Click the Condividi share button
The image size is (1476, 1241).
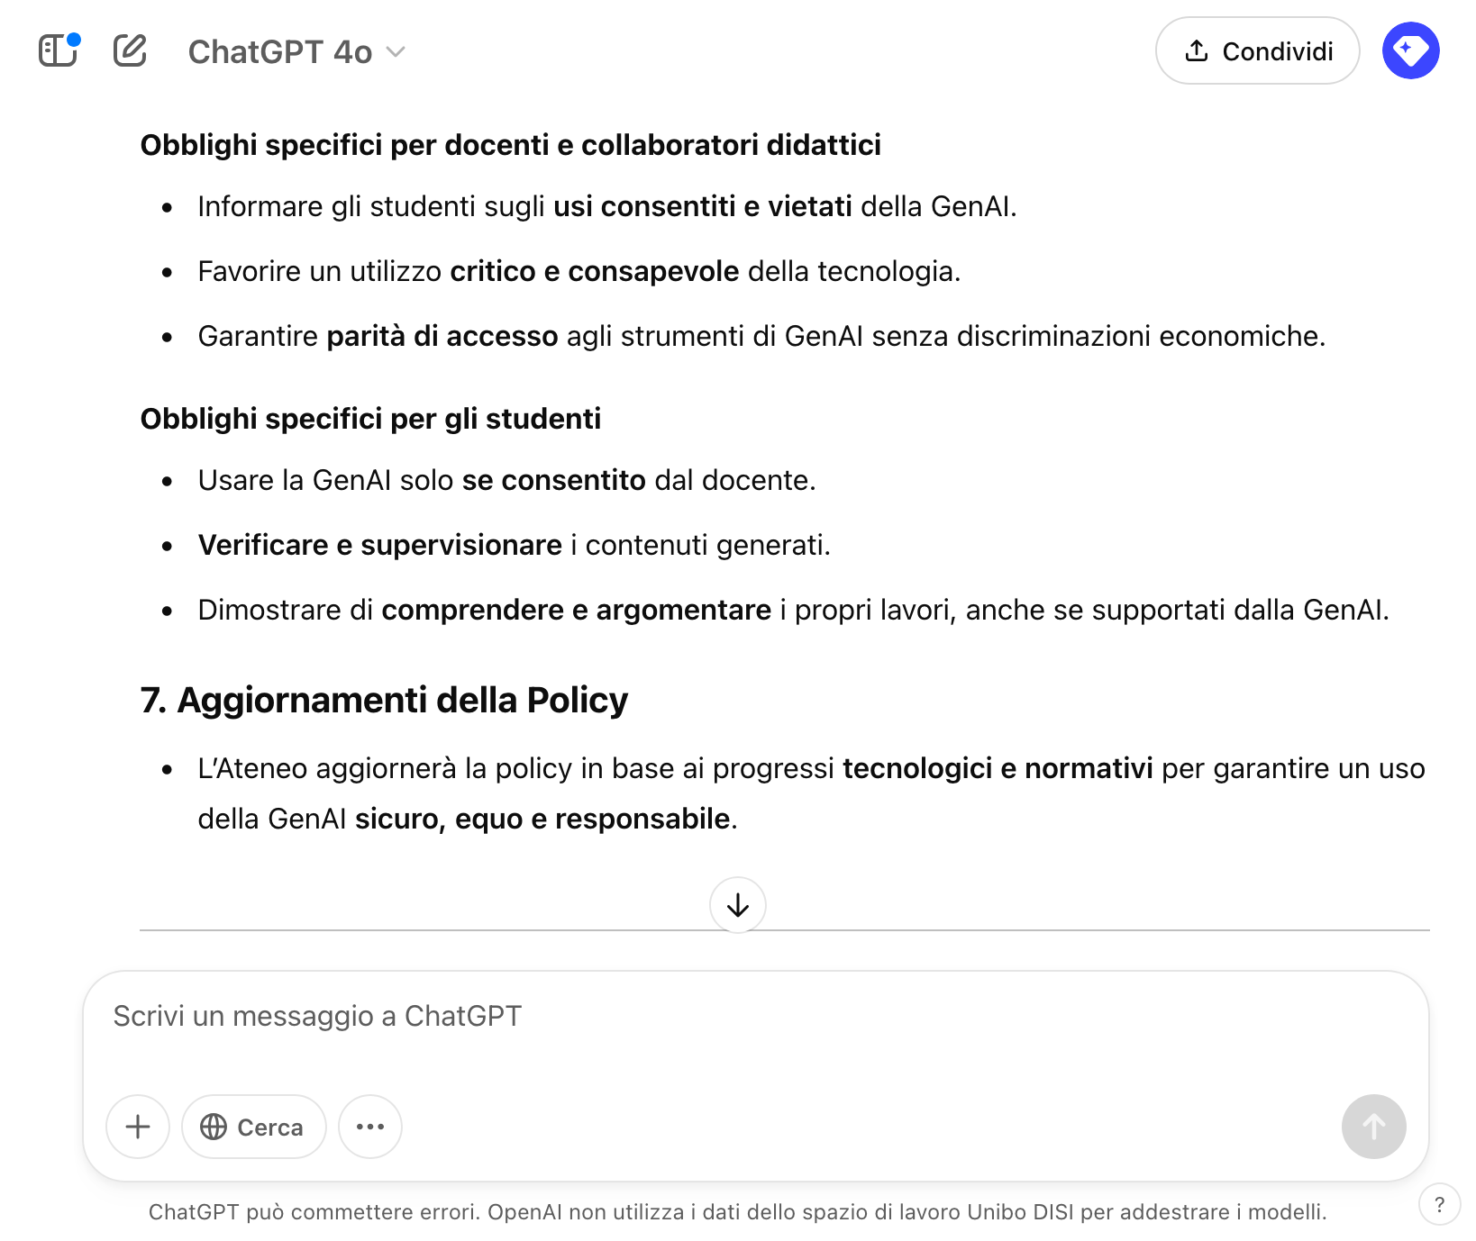coord(1257,51)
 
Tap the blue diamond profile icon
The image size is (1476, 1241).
coord(1410,50)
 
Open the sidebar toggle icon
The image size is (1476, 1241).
coord(59,50)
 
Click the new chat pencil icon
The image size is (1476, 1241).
coord(130,50)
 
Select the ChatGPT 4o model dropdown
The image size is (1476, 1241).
coord(296,52)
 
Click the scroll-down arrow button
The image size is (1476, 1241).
coord(738,905)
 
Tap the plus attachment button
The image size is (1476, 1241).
coord(138,1127)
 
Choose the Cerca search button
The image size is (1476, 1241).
coord(253,1127)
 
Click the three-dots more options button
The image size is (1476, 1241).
coord(370,1127)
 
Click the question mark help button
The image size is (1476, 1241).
coord(1439,1205)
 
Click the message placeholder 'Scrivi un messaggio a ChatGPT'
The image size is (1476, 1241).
coord(317,1016)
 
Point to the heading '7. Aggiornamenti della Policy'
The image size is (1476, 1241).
coord(384,701)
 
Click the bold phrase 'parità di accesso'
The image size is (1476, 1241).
coord(442,336)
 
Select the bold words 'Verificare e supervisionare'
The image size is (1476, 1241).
coord(379,545)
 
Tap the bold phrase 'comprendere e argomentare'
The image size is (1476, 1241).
coord(576,610)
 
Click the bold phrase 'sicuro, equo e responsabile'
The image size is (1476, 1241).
coord(542,819)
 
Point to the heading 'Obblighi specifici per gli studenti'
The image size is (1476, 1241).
coord(370,419)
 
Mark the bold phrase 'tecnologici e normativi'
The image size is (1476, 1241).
coord(998,768)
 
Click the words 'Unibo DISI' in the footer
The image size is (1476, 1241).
coord(1020,1212)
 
